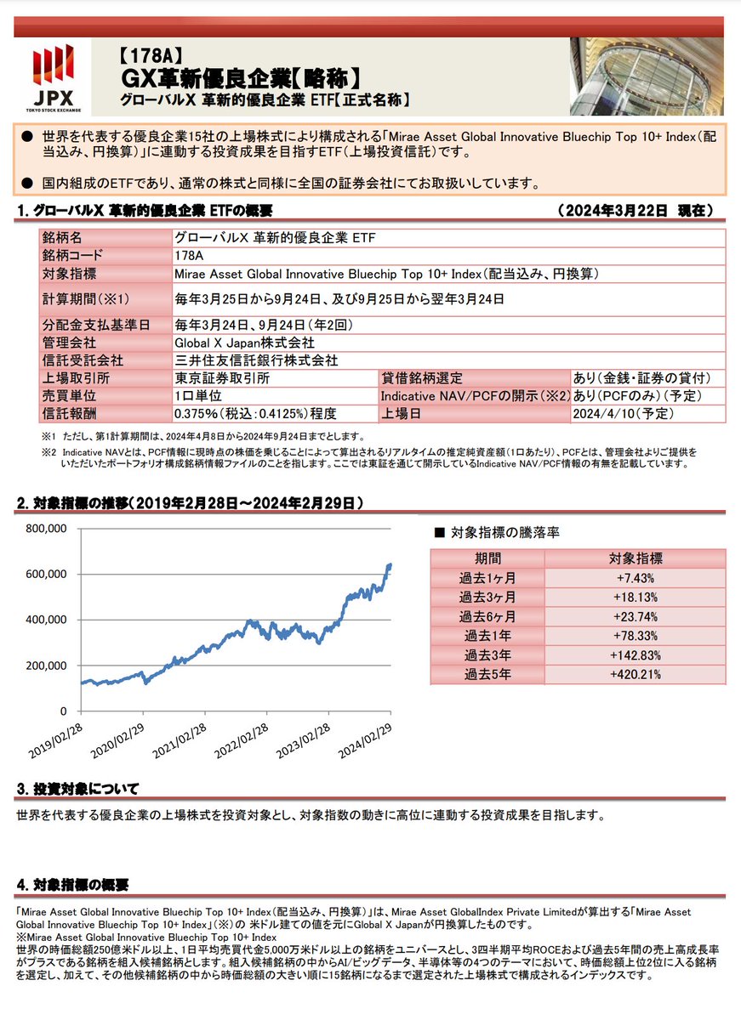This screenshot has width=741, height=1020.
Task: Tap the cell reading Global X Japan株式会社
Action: coord(243,342)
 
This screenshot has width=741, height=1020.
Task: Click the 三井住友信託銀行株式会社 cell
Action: coord(255,360)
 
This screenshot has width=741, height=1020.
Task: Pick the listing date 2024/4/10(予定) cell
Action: coord(624,413)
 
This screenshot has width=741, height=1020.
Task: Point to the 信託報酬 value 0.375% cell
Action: coord(255,414)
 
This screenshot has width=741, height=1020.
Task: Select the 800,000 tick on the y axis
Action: coord(48,529)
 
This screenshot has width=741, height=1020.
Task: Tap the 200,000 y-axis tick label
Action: coord(48,666)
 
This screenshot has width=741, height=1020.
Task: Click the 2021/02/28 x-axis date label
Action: coord(178,741)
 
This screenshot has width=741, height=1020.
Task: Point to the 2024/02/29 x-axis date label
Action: coord(364,741)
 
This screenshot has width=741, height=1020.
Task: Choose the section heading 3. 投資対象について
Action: coord(77,789)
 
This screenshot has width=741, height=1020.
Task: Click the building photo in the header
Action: coord(647,76)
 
